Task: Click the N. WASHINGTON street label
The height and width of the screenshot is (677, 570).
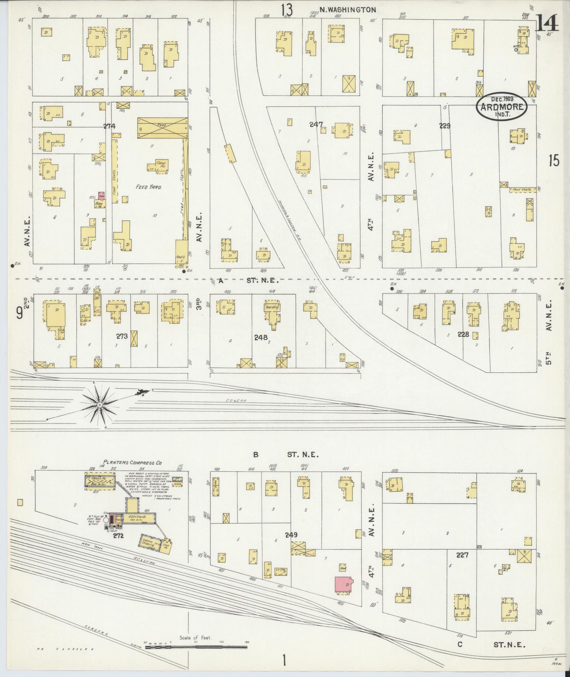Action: point(347,10)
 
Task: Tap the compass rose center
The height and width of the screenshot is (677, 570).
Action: point(100,404)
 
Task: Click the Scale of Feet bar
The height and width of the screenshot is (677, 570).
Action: point(196,647)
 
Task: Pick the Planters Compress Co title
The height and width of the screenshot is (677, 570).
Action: point(133,462)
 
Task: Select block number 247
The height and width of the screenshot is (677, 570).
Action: point(316,124)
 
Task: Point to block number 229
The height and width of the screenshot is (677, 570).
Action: point(445,125)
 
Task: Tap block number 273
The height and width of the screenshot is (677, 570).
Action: point(122,336)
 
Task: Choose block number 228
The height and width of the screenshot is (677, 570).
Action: point(463,334)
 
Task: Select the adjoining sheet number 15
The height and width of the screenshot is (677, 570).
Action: point(554,161)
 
